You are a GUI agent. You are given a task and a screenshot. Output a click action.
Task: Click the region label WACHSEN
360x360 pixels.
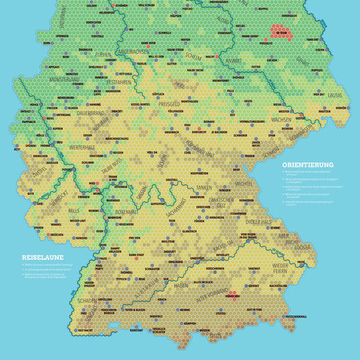[x=280, y=119]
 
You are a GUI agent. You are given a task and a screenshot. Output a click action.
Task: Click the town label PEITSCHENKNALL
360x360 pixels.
[x=296, y=315]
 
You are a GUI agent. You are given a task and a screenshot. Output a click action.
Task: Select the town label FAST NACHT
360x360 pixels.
[x=85, y=330]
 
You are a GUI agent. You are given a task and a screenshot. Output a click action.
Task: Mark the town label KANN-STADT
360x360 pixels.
[x=138, y=255]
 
